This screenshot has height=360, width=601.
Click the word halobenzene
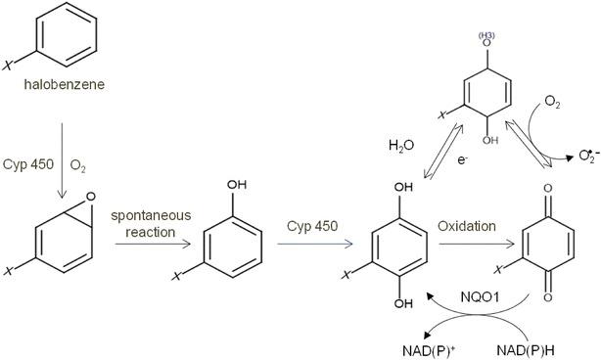point(65,85)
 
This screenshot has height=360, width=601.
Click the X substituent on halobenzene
point(10,66)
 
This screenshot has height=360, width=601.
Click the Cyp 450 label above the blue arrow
point(313,226)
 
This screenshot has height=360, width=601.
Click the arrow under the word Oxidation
point(476,244)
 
